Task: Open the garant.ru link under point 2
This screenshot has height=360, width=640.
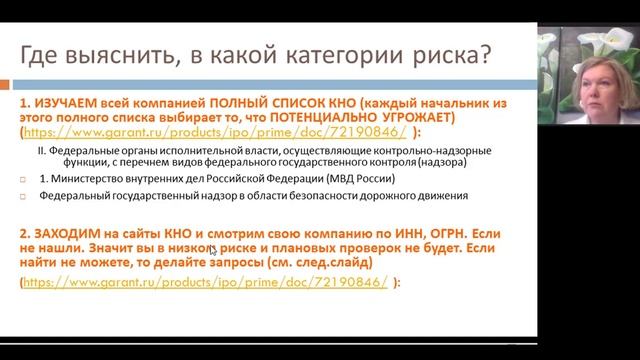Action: [x=134, y=283]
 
